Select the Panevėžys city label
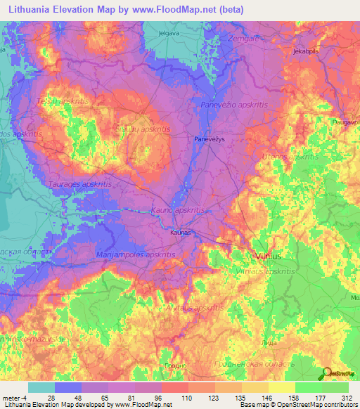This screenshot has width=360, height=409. pyautogui.click(x=210, y=139)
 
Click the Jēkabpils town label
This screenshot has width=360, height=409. pyautogui.click(x=307, y=52)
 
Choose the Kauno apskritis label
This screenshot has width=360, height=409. pyautogui.click(x=177, y=210)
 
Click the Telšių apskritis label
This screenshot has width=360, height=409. pyautogui.click(x=58, y=100)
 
